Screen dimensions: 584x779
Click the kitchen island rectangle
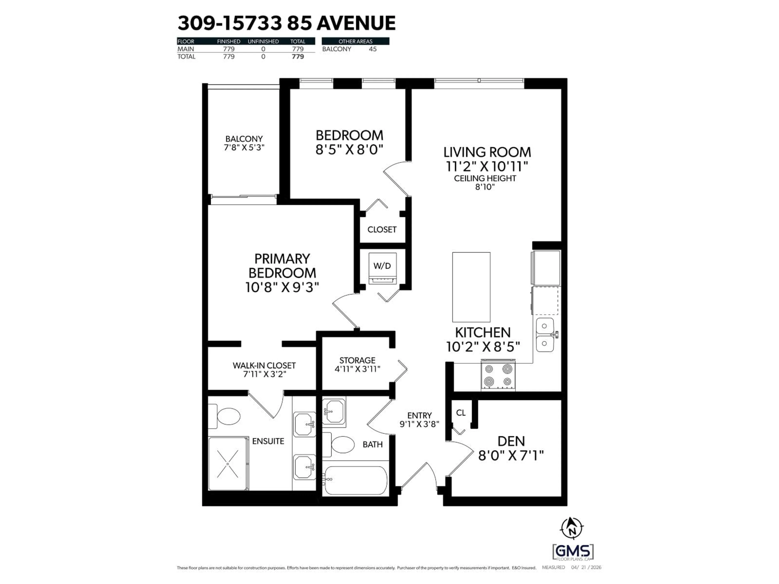471,287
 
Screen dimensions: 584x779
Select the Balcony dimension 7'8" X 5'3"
244,147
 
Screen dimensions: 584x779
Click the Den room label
511,441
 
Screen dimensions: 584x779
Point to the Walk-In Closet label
264,365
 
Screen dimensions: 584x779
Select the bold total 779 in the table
298,57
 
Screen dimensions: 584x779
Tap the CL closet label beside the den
461,413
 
